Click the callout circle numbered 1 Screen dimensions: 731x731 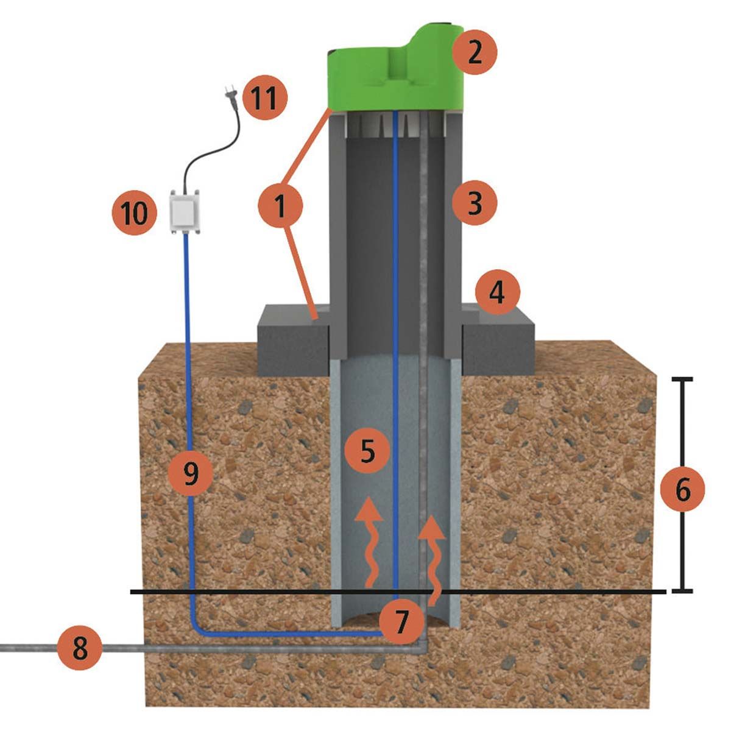[x=281, y=207]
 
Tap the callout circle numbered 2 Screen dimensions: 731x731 [x=475, y=52]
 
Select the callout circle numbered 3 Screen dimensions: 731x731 [x=475, y=202]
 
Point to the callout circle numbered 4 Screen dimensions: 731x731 [x=498, y=293]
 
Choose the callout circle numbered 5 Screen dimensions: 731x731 [x=367, y=451]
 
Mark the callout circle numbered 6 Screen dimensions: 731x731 [x=682, y=490]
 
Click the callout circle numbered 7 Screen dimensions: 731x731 [x=400, y=621]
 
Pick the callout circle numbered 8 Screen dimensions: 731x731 [x=80, y=648]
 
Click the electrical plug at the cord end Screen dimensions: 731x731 [x=230, y=96]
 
